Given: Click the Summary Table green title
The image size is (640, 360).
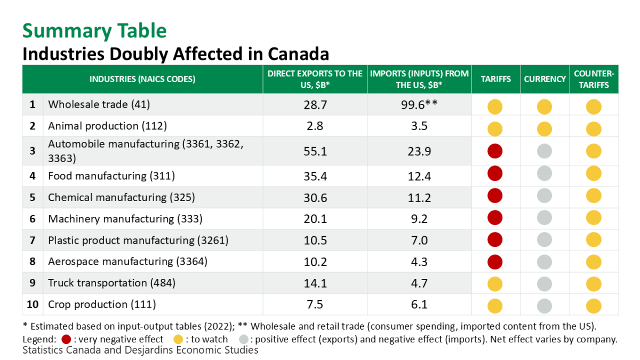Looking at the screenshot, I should [x=94, y=30].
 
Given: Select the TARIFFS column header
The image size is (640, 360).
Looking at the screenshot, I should [x=495, y=79].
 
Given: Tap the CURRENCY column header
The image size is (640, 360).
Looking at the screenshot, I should [x=545, y=79].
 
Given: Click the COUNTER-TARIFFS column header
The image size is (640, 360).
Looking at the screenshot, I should [x=594, y=79].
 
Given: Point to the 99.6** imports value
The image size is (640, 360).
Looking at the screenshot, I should [x=419, y=105].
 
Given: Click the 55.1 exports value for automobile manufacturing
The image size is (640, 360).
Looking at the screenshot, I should [x=315, y=151].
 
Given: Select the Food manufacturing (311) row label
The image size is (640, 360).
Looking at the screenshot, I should [x=111, y=176].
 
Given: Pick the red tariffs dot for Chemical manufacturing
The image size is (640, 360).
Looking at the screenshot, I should [x=495, y=196].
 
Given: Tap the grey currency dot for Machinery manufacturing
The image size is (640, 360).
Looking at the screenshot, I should [x=544, y=218].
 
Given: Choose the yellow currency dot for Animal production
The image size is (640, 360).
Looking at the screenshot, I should [x=544, y=129].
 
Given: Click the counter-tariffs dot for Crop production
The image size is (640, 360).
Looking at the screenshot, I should [x=594, y=306].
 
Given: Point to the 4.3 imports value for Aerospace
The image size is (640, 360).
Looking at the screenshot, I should [x=419, y=262].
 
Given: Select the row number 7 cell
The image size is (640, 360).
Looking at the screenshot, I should [x=33, y=241].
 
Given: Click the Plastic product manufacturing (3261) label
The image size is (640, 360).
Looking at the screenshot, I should [x=138, y=241].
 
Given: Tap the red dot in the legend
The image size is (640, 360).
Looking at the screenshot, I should [x=66, y=339].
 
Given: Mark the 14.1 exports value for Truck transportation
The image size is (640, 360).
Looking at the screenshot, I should [x=315, y=283].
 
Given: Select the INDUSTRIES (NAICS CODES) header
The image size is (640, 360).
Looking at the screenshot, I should [x=142, y=79].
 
